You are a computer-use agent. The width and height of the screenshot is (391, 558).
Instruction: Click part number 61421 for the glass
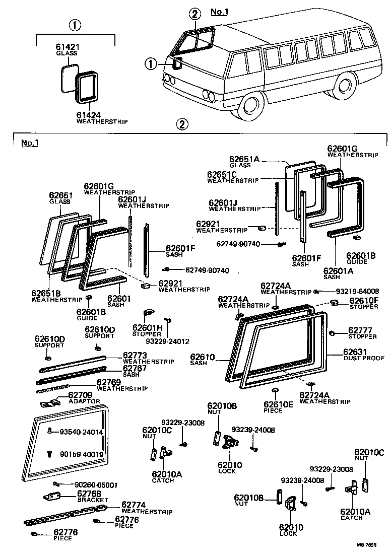pos(68,47)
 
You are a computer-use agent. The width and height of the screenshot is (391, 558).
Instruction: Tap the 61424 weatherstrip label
pos(89,115)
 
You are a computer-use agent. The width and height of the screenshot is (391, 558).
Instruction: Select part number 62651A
pos(244,159)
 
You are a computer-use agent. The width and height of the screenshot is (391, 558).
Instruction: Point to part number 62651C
pos(222,174)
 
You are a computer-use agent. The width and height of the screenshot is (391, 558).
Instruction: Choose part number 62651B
pos(46,293)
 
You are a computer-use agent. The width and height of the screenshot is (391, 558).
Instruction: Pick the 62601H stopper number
pos(147,327)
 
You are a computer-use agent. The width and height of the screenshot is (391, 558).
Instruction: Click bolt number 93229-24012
pos(168,341)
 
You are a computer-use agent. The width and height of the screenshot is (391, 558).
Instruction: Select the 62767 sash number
pos(135,369)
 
